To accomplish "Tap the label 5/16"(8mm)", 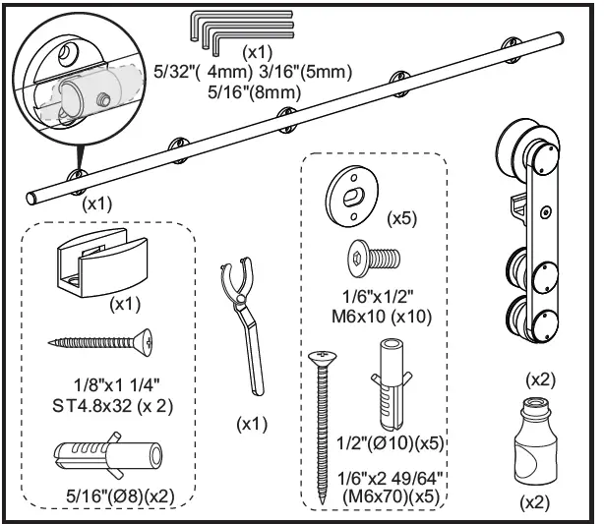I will pos(257,93).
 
